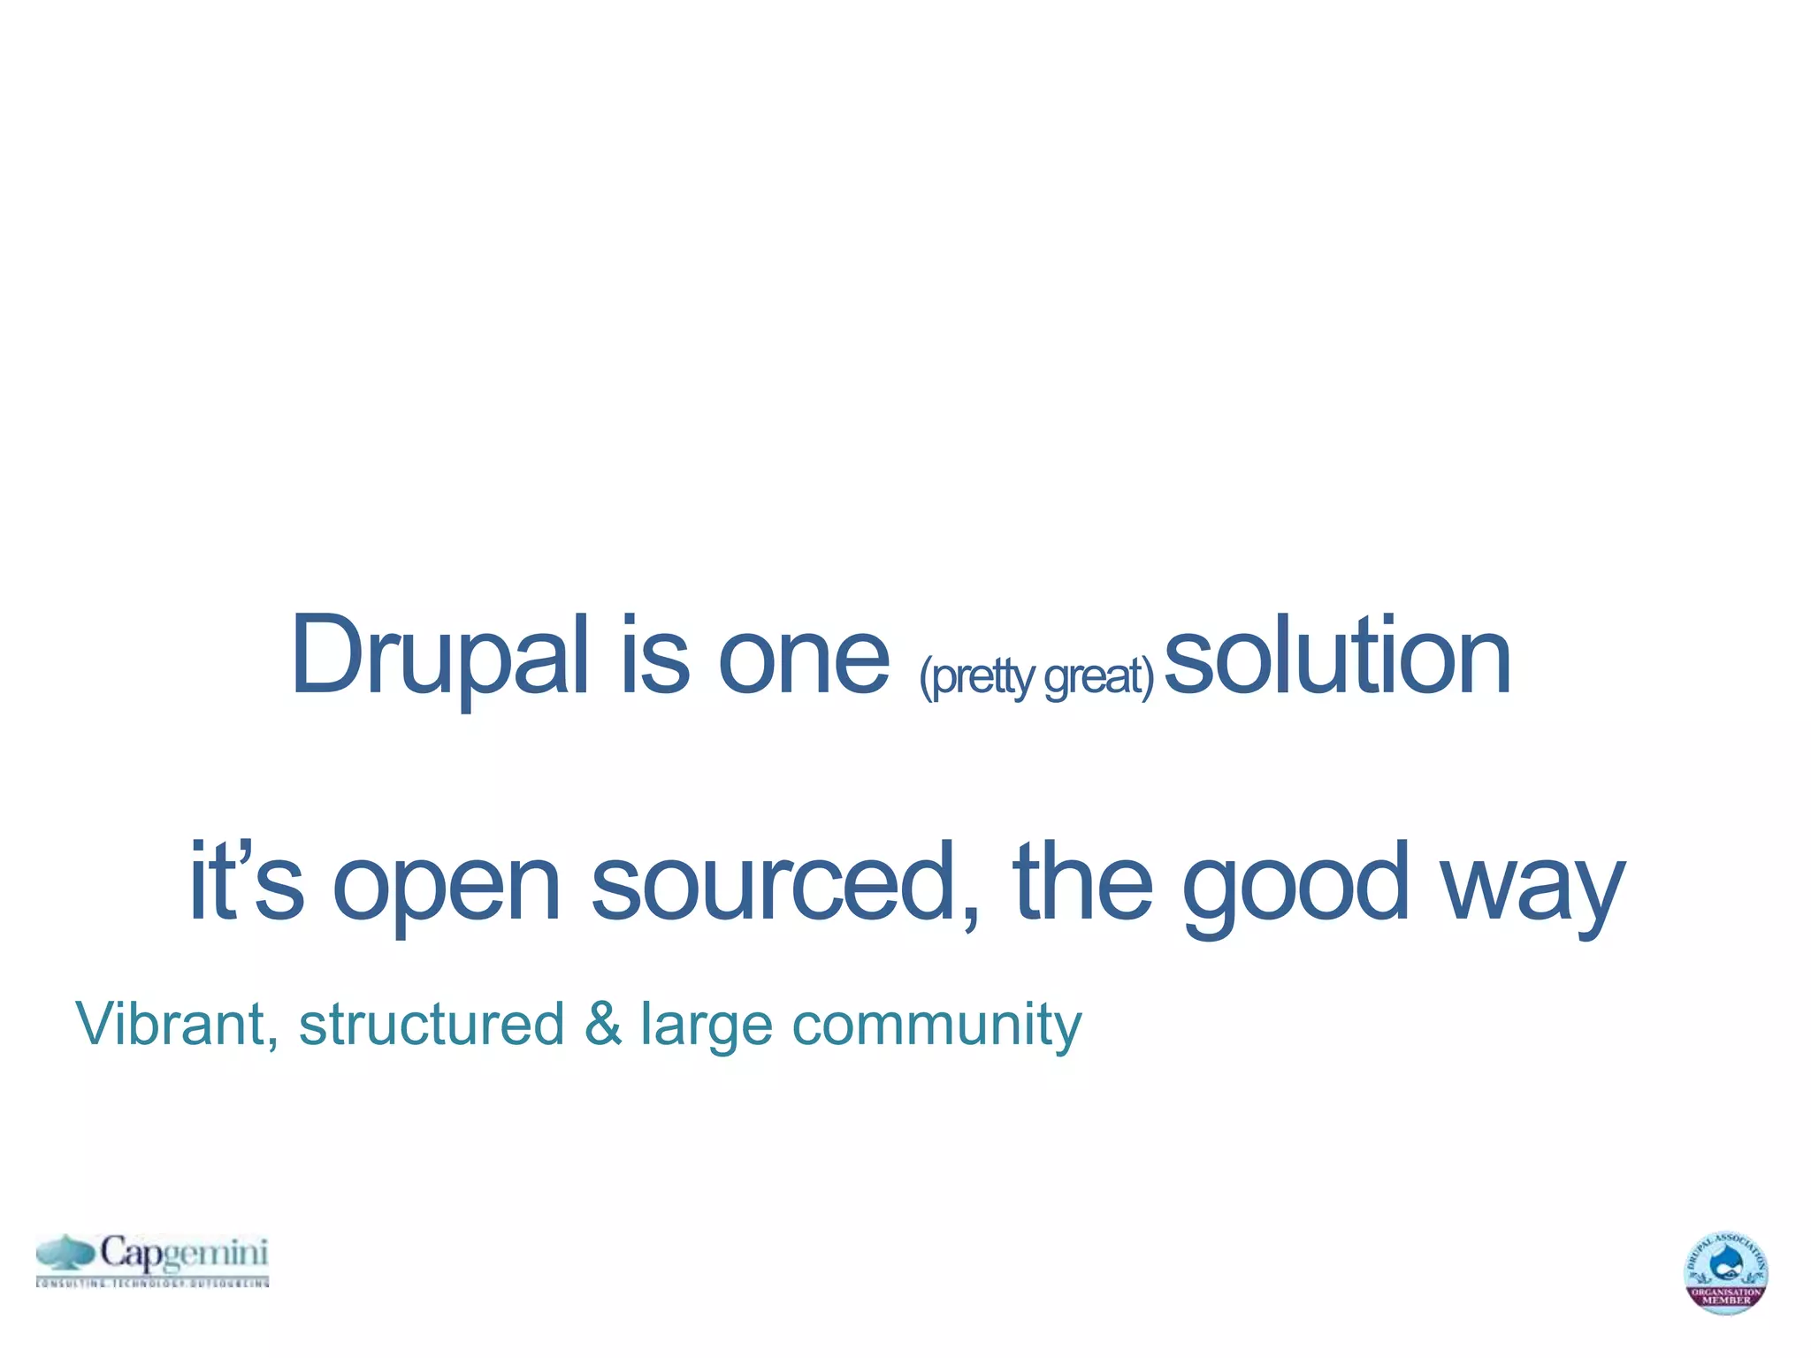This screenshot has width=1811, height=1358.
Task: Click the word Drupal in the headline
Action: point(439,656)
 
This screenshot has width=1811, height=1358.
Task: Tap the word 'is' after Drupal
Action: point(654,656)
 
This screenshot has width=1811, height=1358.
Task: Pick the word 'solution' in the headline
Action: point(1338,656)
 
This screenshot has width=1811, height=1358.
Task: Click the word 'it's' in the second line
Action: point(247,881)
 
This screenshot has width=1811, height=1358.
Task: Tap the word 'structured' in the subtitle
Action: point(432,1024)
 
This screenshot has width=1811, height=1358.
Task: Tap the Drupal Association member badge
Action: point(1725,1272)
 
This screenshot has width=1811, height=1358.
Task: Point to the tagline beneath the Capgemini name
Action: point(152,1282)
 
